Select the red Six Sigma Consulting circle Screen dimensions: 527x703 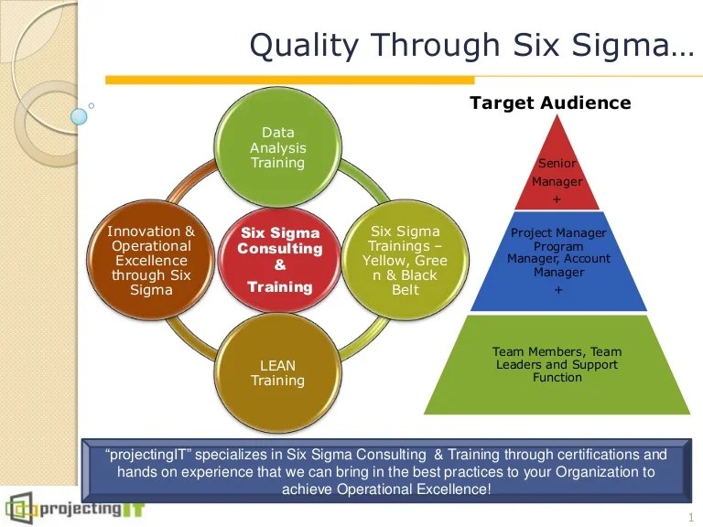[280, 260]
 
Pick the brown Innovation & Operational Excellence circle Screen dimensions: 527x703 [151, 260]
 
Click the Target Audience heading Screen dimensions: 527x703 [550, 102]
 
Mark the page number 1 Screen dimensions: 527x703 [689, 517]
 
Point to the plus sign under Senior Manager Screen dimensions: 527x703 [557, 199]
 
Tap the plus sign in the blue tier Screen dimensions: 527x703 [557, 290]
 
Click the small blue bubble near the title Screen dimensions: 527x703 [80, 116]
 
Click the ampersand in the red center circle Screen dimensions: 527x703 [280, 265]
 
